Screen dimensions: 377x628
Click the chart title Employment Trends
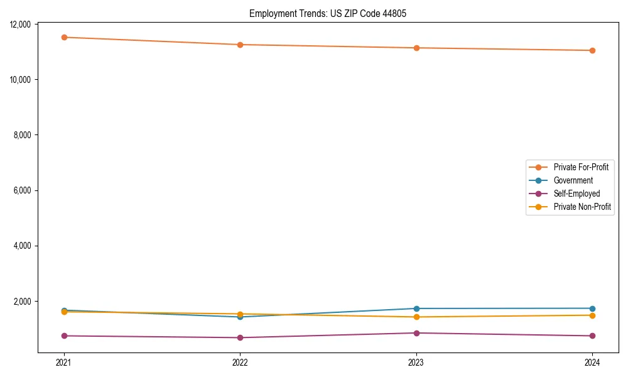coord(328,13)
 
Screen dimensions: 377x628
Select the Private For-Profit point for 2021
coord(64,37)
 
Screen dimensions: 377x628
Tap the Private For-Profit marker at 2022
coord(240,45)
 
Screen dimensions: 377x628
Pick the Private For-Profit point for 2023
coord(416,48)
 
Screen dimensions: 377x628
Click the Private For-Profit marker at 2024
coord(592,50)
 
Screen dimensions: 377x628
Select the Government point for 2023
coord(416,309)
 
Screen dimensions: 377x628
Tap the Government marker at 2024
coord(592,309)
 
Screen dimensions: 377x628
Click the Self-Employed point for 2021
coord(64,336)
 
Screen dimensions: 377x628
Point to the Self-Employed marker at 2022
coord(240,337)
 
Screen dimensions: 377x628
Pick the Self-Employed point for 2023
coord(416,333)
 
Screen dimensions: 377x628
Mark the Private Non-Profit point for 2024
coord(592,315)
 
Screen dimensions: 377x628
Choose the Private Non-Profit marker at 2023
coord(416,317)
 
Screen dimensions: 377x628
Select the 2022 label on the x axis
coord(240,362)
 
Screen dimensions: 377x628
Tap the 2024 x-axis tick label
coord(592,362)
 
